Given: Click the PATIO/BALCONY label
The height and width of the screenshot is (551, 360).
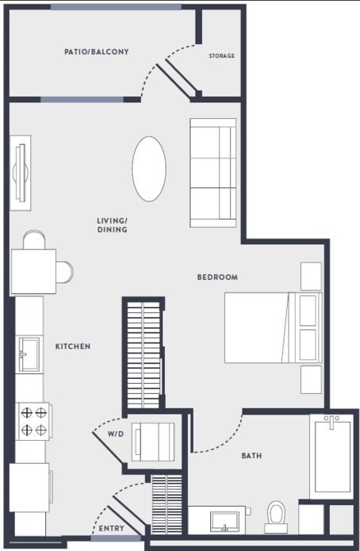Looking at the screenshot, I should pos(97,52).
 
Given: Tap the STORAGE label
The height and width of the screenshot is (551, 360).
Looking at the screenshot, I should pos(221,56).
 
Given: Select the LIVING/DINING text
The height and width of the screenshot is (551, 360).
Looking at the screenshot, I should pos(112,225).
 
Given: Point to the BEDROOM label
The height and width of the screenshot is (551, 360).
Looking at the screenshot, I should pos(217,277).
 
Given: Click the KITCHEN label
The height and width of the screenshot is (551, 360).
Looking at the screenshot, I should pos(73,346).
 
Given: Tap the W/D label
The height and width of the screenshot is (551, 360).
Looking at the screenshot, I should pos(116,434).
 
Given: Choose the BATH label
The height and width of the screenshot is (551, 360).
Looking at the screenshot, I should pos(251,456).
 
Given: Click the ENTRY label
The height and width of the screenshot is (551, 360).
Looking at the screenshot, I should pos(110,527).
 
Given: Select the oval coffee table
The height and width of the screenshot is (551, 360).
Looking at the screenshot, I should pos(149,169).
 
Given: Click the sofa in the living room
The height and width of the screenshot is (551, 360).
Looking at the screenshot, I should pos(213,173).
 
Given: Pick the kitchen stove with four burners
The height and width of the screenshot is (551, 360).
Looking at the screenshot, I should pos(34,421).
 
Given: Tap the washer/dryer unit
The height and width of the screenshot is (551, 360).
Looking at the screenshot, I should pos(153,442).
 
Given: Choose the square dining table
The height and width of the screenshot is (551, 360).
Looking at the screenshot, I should pos(33,271).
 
